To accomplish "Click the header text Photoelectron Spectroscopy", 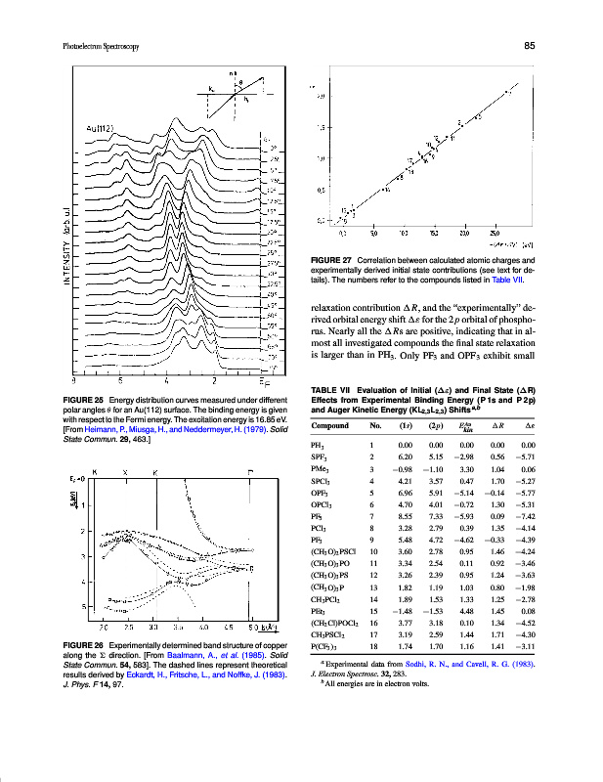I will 91,45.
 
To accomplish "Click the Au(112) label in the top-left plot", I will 102,127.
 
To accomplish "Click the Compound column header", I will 332,426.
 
